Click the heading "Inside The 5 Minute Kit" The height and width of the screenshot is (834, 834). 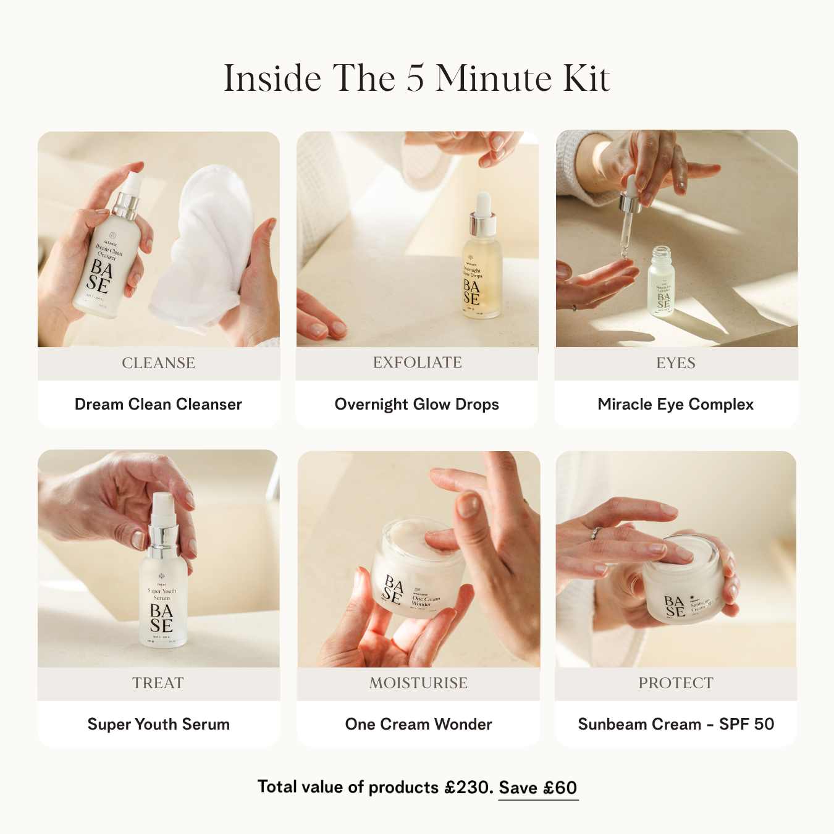tap(416, 78)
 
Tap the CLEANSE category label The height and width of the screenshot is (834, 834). tap(158, 363)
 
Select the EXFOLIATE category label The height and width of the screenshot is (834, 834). tap(417, 363)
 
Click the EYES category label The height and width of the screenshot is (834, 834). tap(676, 363)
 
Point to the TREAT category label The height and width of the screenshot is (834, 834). tap(158, 683)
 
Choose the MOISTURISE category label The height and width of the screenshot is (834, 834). tap(418, 683)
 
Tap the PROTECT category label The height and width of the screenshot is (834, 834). tap(676, 683)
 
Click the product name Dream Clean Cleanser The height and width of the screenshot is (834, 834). tap(158, 405)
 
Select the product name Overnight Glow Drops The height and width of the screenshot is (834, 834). tap(416, 405)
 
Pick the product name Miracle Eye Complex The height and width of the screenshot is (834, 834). tap(675, 405)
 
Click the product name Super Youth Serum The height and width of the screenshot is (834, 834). tap(158, 724)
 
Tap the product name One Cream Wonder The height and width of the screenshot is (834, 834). tap(418, 724)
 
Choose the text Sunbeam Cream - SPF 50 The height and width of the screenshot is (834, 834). tap(676, 724)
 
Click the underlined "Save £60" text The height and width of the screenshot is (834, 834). tap(537, 788)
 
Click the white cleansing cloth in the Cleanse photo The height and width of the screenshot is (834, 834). tap(204, 247)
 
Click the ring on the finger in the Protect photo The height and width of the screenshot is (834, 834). tap(596, 533)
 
